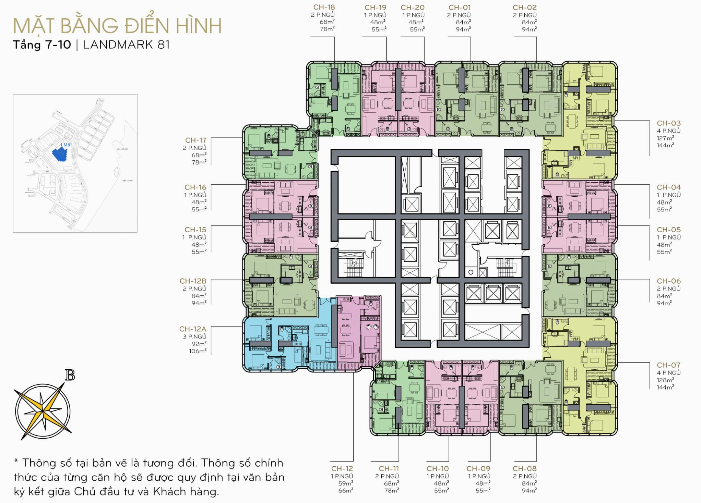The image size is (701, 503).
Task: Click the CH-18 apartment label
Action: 324,7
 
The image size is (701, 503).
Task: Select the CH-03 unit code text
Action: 668,123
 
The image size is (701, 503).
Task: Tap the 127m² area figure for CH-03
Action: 665,138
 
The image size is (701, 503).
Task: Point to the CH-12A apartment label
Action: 193,329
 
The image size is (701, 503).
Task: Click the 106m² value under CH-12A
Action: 198,351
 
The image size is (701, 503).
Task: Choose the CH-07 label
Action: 668,365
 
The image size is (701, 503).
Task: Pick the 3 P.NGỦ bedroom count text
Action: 194,336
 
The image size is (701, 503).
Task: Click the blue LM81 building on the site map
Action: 60,154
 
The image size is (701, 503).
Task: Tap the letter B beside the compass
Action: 70,376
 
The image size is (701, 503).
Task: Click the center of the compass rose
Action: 43,410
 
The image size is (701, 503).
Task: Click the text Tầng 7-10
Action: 42,45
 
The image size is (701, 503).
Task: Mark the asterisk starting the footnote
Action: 16,462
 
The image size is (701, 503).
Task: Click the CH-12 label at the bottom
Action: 342,468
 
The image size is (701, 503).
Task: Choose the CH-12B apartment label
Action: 193,281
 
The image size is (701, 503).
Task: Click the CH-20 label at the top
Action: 412,8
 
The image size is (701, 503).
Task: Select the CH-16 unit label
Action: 195,187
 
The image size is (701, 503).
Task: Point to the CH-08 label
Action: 524,468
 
